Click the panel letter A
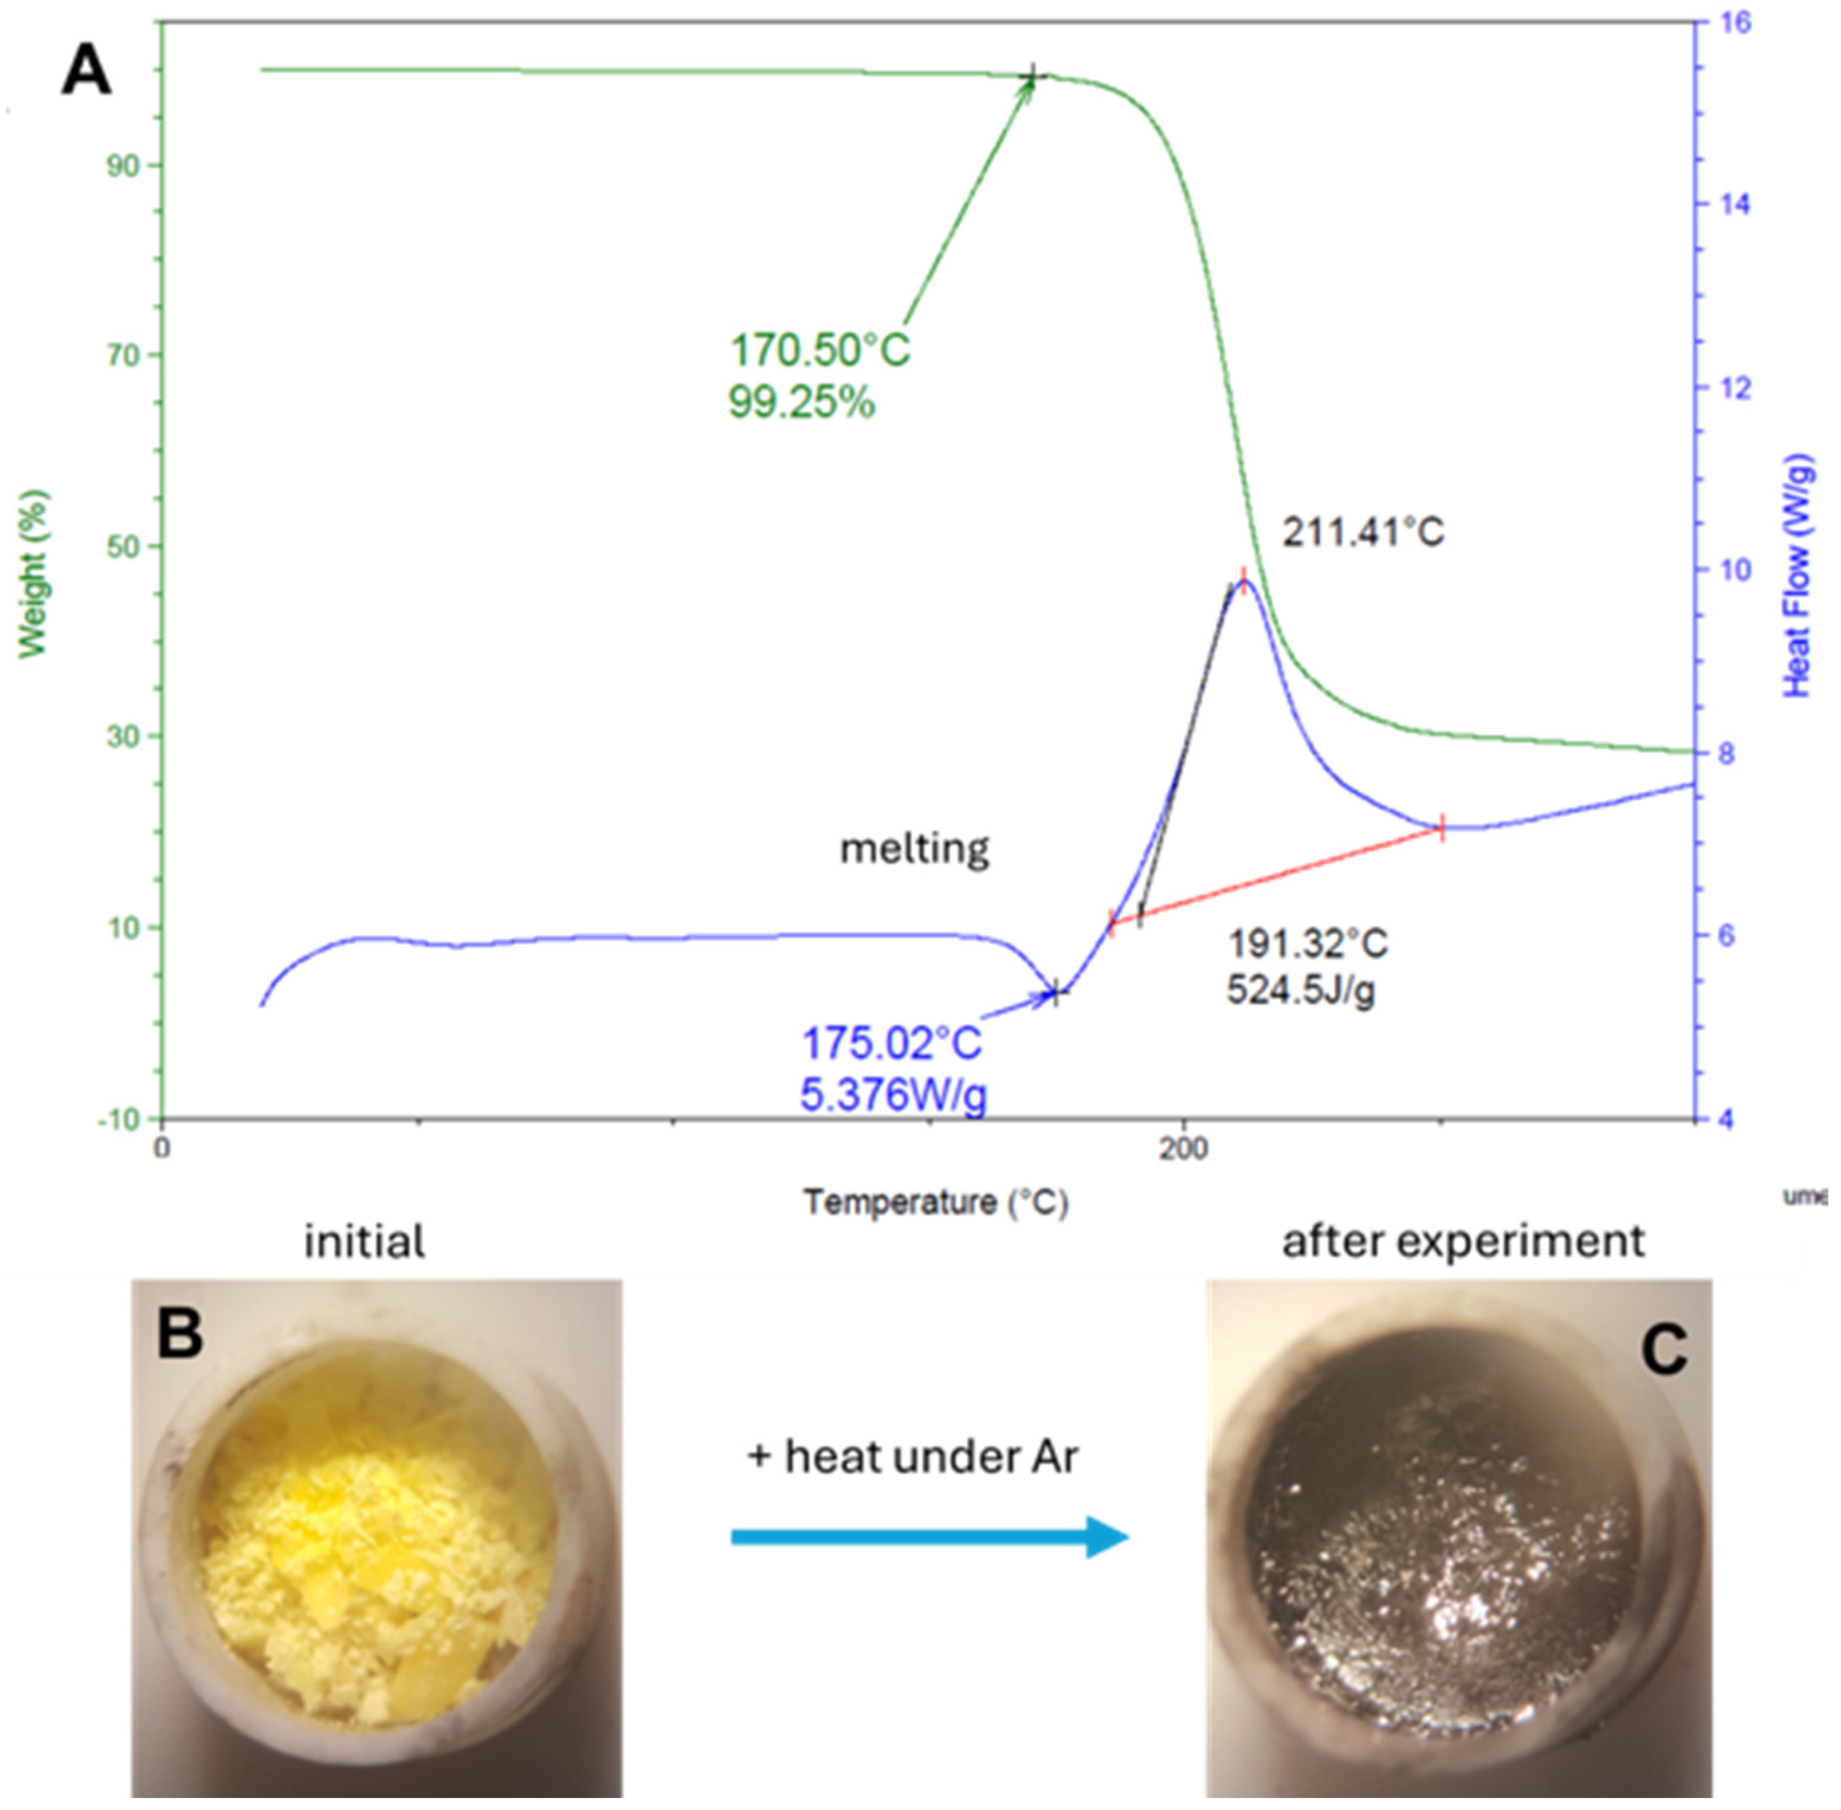click(86, 72)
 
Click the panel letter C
click(1663, 1350)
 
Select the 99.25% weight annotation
click(802, 403)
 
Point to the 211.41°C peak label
click(1363, 532)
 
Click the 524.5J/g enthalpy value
click(1300, 990)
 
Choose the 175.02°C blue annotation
click(891, 1045)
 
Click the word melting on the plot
click(914, 848)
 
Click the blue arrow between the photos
click(928, 1537)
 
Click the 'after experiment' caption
click(1462, 1241)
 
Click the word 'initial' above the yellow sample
click(364, 1241)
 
